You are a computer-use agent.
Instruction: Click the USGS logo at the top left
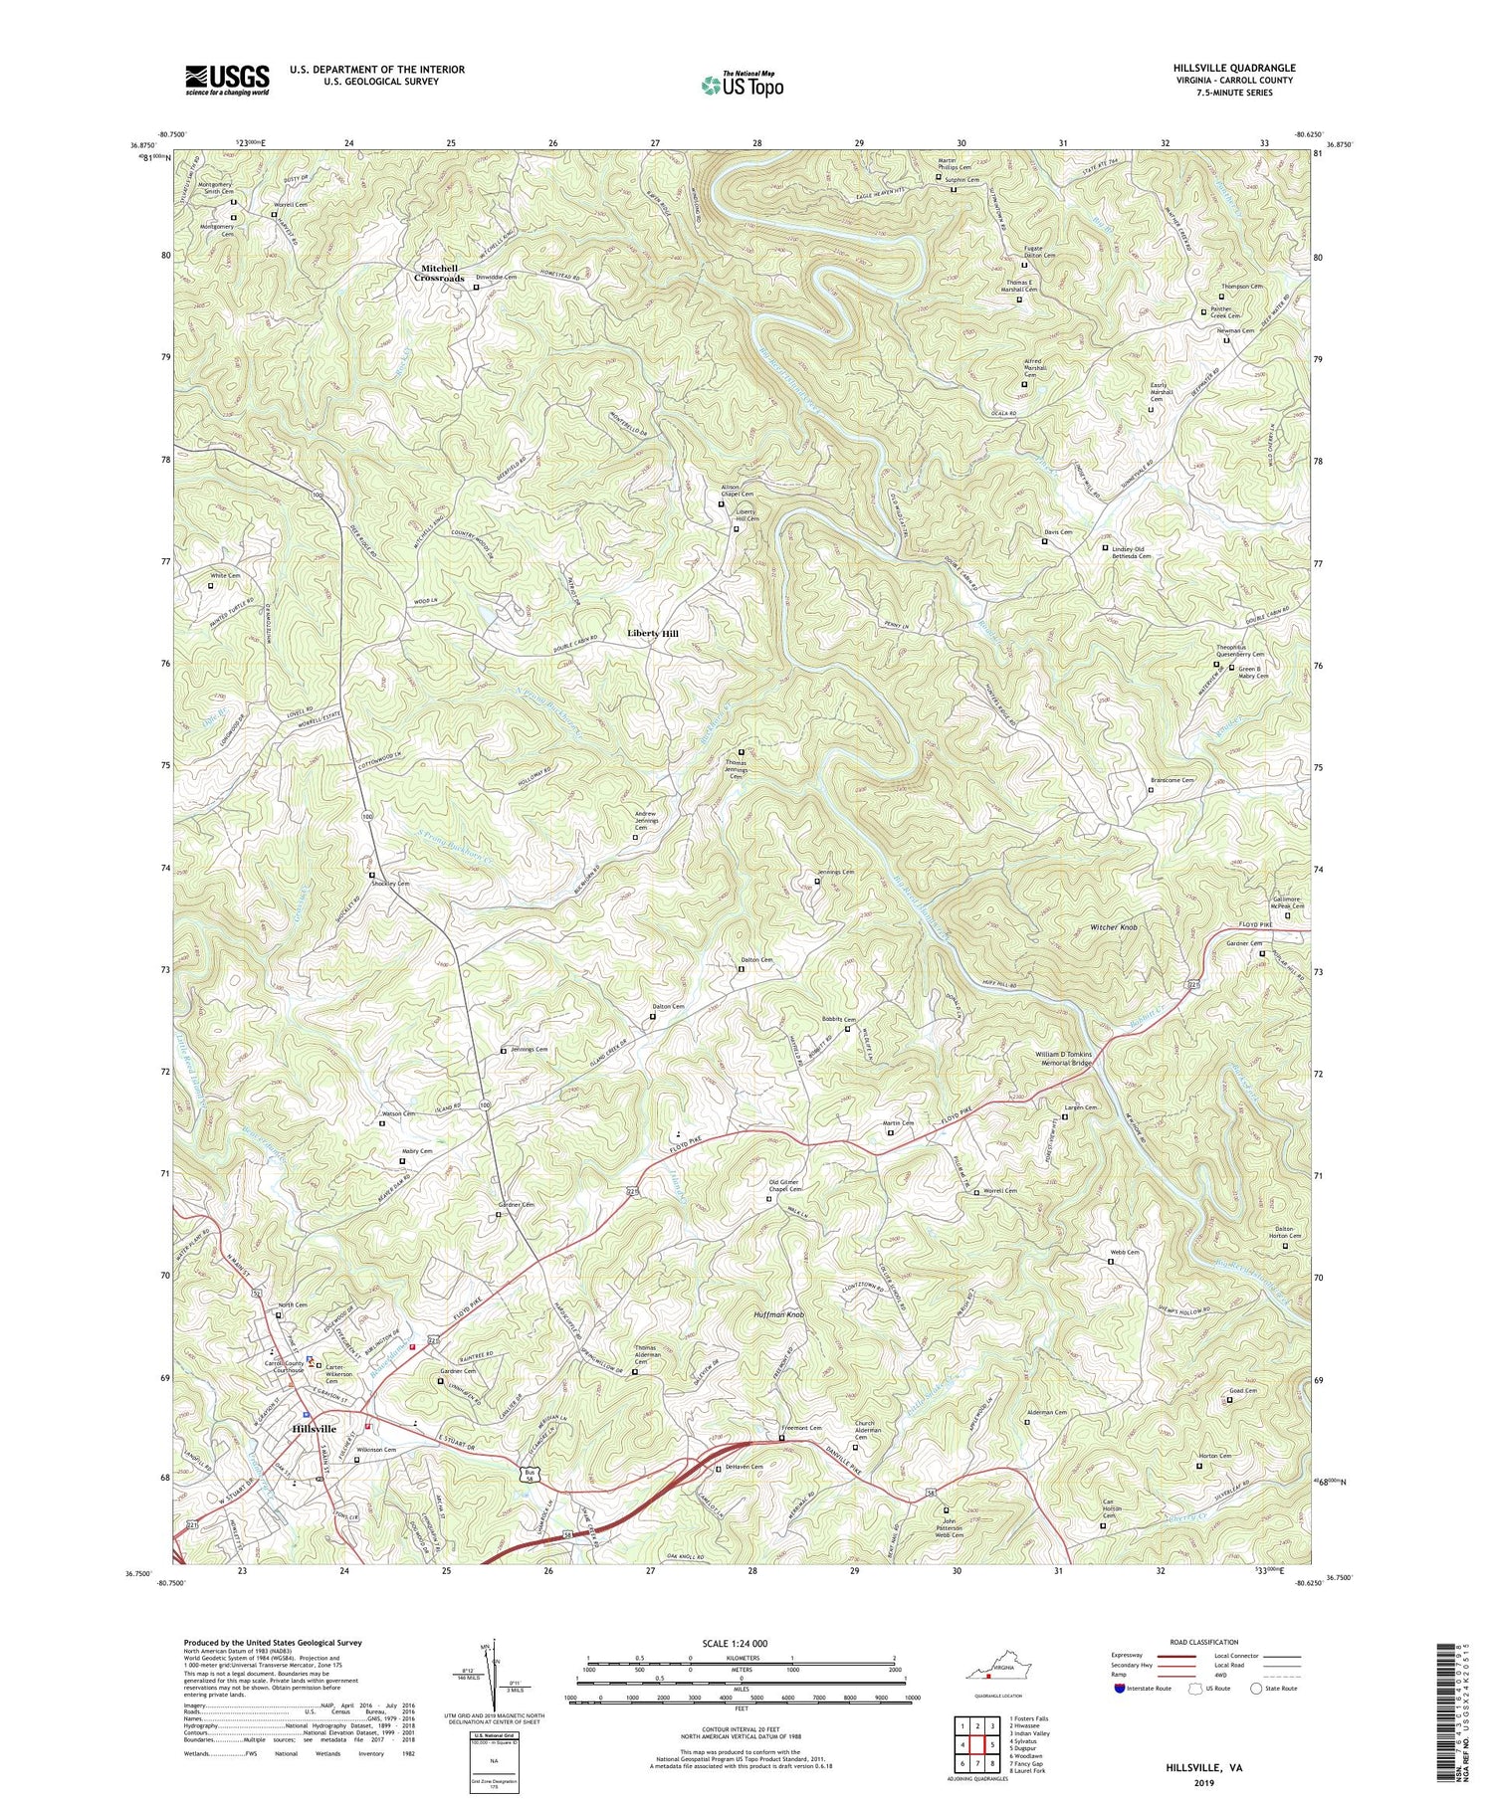(226, 80)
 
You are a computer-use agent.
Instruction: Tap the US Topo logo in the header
(741, 85)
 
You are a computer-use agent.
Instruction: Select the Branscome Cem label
(1172, 781)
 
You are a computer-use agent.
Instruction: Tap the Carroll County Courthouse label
(288, 1367)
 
